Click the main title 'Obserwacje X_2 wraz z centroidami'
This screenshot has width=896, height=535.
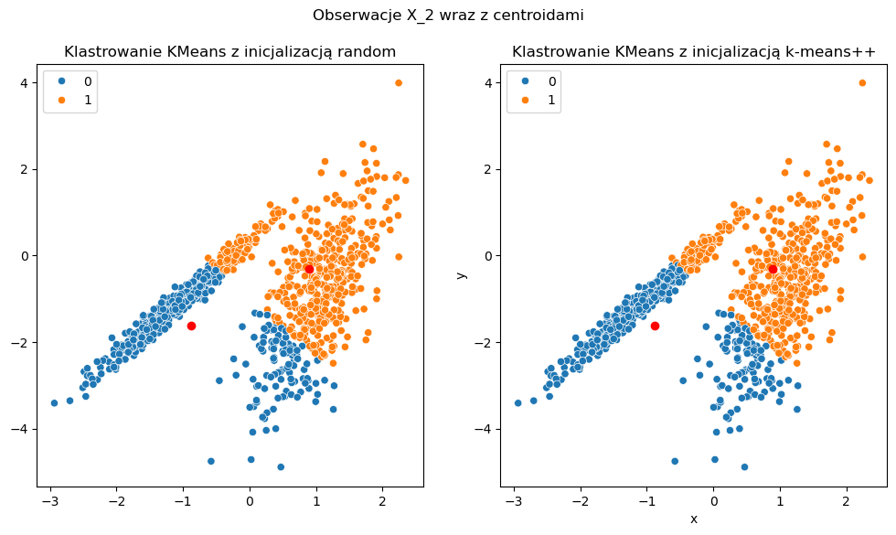448,15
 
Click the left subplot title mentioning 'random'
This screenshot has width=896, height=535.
230,51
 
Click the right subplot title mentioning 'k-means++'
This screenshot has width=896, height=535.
694,51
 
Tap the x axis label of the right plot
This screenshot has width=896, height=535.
694,519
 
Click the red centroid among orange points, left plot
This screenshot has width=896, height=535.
309,269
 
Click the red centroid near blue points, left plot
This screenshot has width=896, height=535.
191,326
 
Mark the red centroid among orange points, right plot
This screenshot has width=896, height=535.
773,269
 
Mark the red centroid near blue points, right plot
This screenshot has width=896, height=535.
655,326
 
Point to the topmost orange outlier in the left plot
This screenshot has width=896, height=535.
399,83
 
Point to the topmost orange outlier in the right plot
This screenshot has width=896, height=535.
862,83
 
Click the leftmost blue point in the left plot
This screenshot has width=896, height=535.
54,402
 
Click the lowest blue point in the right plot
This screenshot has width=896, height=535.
744,466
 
